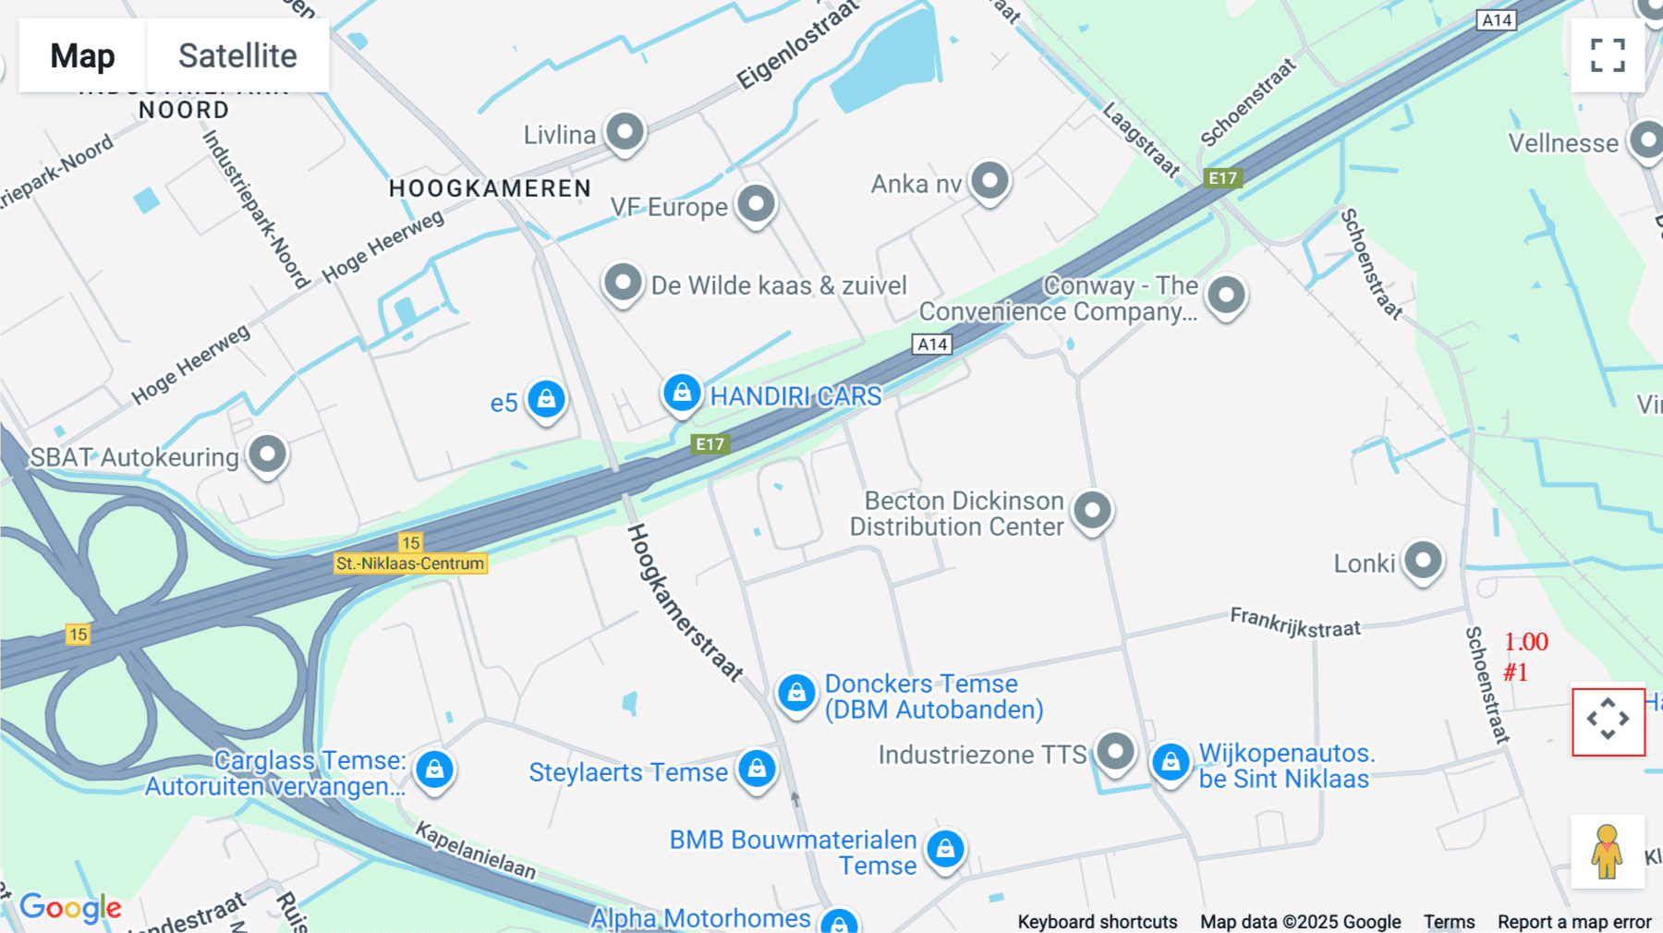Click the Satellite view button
click(237, 55)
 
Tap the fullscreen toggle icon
click(1608, 55)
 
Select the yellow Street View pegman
click(1608, 852)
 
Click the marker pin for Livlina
click(625, 132)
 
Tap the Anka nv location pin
click(989, 180)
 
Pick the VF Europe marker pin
click(756, 203)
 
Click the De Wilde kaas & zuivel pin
click(623, 282)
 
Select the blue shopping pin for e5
click(546, 400)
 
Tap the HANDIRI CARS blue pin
click(682, 394)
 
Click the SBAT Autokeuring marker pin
click(267, 454)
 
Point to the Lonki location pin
click(1423, 561)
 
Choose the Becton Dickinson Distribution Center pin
click(1092, 510)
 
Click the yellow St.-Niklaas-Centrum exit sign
click(410, 563)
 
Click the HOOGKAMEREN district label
click(490, 188)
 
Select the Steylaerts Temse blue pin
click(757, 769)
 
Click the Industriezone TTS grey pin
click(1115, 752)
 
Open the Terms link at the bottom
click(1449, 922)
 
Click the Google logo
click(70, 907)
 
